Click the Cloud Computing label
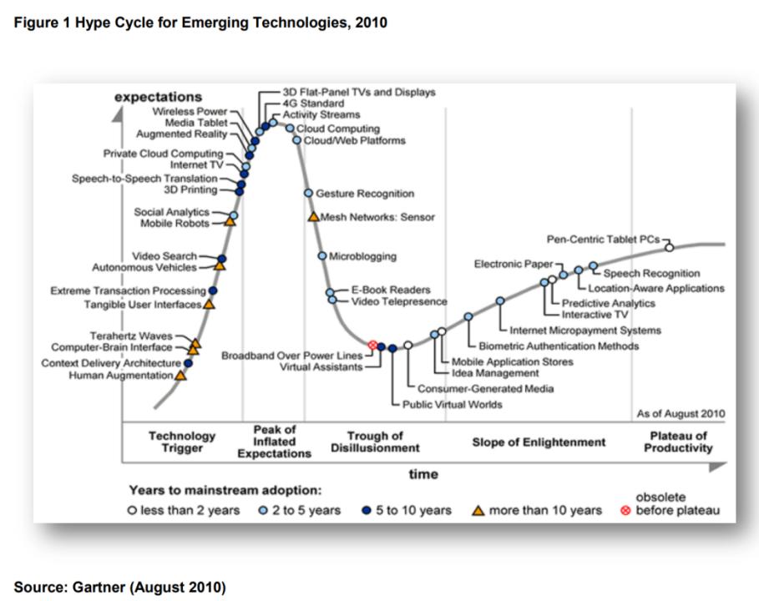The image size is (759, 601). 337,129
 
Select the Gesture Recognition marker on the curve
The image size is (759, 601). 308,194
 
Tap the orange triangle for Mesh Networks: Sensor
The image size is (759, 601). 314,217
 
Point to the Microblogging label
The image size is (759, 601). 362,256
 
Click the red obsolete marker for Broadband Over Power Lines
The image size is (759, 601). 372,345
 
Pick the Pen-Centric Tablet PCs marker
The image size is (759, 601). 668,247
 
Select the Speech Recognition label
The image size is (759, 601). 651,274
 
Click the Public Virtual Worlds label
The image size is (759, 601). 452,405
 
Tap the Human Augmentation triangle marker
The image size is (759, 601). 180,376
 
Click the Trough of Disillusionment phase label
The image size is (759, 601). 375,442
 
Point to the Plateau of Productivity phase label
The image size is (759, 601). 678,442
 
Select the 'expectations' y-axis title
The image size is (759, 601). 158,98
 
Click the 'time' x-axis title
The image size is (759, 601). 423,474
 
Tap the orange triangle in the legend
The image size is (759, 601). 478,510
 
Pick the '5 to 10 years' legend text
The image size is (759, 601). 412,510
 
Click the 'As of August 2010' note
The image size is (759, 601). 681,413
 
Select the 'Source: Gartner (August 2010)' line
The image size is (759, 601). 119,588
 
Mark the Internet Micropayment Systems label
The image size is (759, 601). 584,331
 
